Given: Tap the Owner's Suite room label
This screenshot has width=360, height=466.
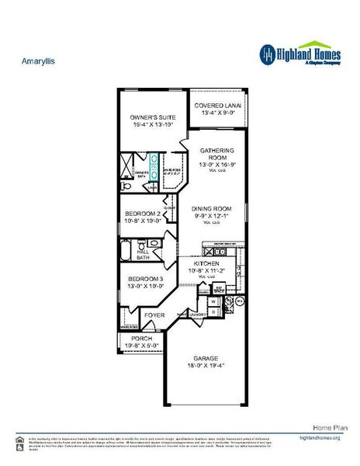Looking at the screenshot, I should pos(153,117).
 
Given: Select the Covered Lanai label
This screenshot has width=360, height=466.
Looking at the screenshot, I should pos(217,106).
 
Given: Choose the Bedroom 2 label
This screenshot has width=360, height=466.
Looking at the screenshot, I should pos(144,214).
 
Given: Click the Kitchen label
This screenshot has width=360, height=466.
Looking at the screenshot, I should pos(206,264).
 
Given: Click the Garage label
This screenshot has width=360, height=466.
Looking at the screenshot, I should pos(206,359).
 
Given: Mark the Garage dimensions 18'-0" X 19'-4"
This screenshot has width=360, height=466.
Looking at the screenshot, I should pos(206,366).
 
